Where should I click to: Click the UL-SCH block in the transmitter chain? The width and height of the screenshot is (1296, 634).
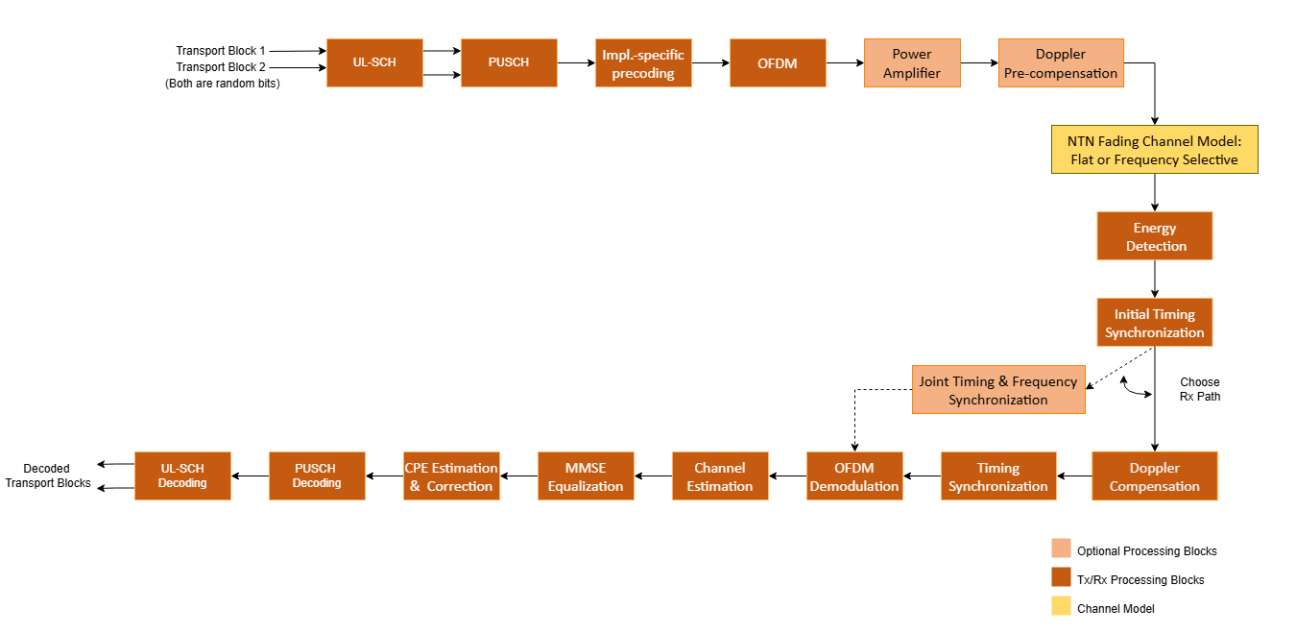point(374,63)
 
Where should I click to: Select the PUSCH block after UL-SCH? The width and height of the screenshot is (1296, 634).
point(509,63)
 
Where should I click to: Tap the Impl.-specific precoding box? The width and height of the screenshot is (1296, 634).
point(643,63)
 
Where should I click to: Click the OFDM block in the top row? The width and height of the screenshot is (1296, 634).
point(778,63)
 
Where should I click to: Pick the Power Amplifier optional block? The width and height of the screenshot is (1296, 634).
point(912,63)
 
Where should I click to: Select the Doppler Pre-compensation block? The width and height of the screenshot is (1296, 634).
point(1061,63)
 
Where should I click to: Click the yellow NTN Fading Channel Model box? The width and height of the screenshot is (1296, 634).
point(1154,150)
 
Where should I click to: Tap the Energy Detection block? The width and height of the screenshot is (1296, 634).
point(1154,236)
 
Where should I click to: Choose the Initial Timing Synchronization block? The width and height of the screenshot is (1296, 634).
point(1154,323)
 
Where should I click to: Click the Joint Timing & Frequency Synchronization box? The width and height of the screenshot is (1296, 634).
point(998,390)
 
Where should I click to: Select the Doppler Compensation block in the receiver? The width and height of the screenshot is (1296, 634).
point(1154,476)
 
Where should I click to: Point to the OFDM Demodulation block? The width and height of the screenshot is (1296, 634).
point(854,476)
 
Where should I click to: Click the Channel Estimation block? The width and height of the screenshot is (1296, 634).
point(720,476)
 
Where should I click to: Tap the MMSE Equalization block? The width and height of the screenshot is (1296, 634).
point(586,476)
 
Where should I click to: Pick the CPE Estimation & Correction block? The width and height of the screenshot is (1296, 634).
point(451,476)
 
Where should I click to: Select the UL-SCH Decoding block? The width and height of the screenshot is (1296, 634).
point(182,476)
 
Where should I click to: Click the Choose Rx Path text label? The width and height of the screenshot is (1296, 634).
point(1200,389)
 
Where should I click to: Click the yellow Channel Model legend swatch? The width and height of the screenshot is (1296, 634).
point(1061,606)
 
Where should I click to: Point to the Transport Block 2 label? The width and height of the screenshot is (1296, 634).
point(221,67)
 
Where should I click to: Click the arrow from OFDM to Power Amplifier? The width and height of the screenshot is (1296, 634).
point(845,63)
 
